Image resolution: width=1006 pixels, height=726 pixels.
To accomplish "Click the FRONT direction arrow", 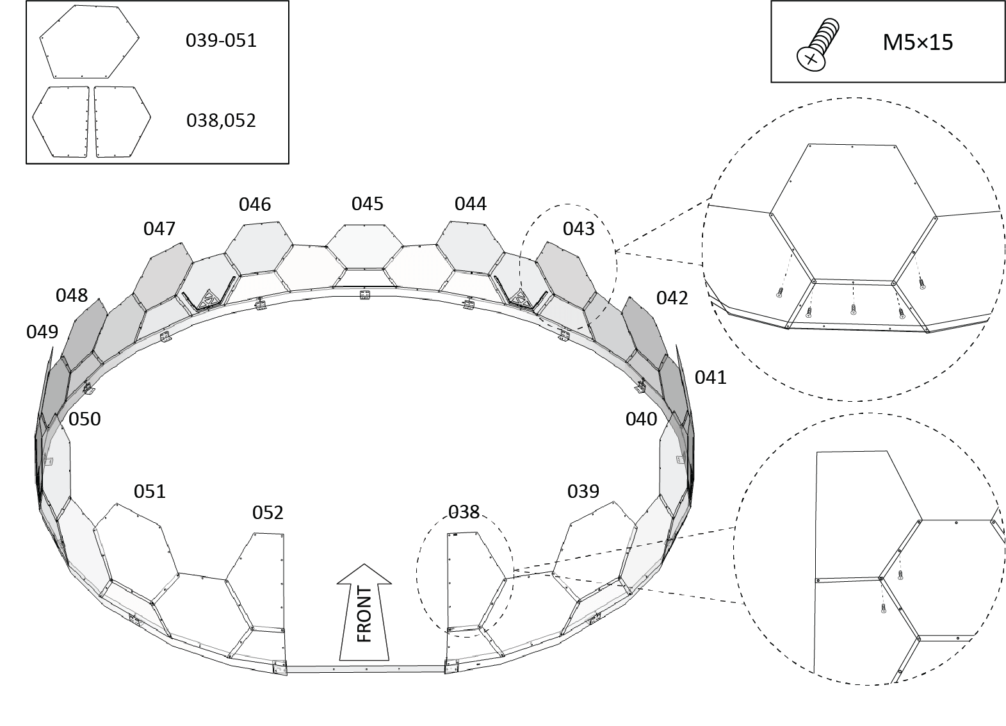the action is [364, 613].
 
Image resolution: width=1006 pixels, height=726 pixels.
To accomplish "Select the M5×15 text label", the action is [918, 42].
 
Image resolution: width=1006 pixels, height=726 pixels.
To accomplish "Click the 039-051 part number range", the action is [221, 40].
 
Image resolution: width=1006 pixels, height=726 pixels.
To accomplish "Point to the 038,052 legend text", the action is [221, 120].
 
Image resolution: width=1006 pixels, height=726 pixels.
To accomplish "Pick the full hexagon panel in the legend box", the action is [90, 42].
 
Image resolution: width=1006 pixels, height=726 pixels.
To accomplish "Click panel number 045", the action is [368, 204].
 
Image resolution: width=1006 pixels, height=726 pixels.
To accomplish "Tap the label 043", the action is [578, 229].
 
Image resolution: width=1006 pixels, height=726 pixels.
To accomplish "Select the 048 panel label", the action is [72, 295].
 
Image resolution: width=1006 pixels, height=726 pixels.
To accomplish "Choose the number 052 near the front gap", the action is [268, 513].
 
